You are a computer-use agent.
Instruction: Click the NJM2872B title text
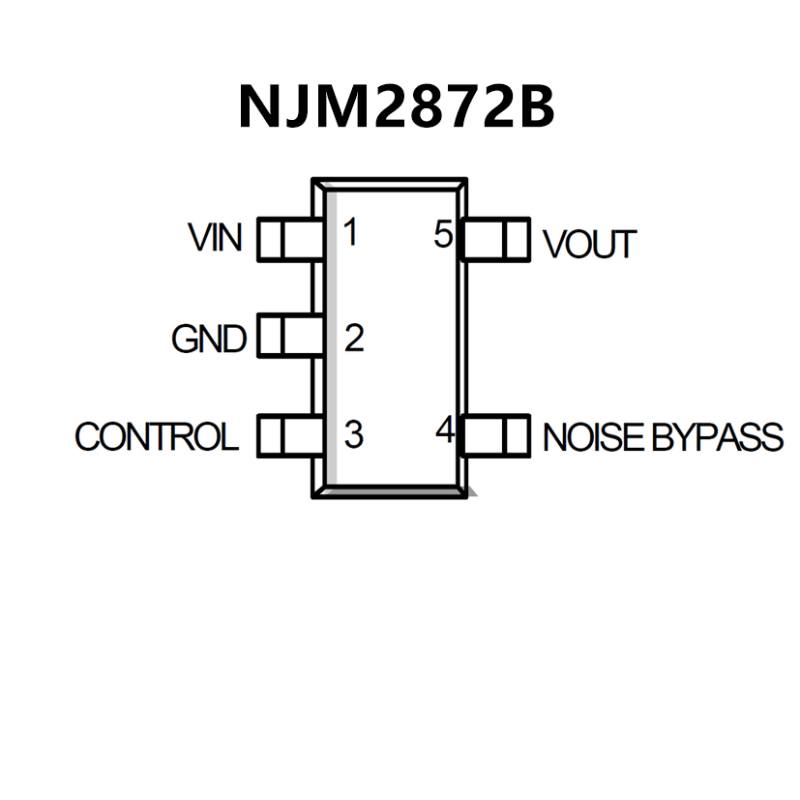coord(397,105)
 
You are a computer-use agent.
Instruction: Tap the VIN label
coord(216,237)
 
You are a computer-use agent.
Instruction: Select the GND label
coord(208,340)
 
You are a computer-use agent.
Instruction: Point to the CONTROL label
coord(156,437)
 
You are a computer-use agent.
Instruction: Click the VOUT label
coord(589,245)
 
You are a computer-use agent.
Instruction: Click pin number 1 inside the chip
coord(350,233)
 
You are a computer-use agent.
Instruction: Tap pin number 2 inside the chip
coord(353,339)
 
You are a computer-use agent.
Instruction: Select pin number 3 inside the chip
coord(353,435)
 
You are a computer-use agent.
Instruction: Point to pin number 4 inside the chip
coord(445,430)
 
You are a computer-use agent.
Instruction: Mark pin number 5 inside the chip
coord(443,234)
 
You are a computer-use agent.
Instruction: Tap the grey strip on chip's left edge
coord(329,339)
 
